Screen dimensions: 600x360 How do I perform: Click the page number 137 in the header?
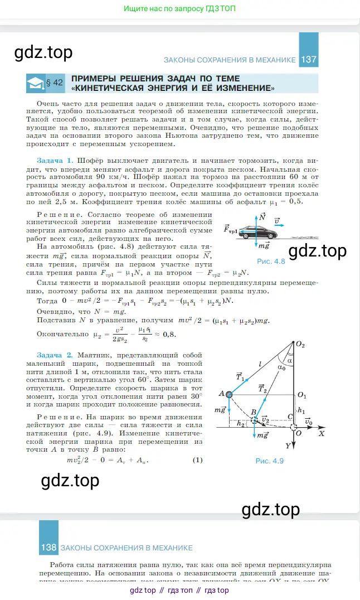pyautogui.click(x=308, y=59)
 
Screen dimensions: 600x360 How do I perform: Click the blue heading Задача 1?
pyautogui.click(x=54, y=159)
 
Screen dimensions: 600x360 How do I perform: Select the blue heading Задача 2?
pyautogui.click(x=54, y=355)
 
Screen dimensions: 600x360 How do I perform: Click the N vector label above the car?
pyautogui.click(x=262, y=216)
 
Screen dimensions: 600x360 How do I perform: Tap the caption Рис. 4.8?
pyautogui.click(x=271, y=260)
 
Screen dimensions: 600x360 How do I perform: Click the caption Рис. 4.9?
pyautogui.click(x=270, y=461)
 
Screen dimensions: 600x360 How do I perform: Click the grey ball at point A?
pyautogui.click(x=229, y=394)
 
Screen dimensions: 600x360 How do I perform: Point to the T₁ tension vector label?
pyautogui.click(x=240, y=376)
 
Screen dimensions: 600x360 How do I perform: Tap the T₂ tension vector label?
pyautogui.click(x=261, y=389)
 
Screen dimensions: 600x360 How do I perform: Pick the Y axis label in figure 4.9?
pyautogui.click(x=288, y=446)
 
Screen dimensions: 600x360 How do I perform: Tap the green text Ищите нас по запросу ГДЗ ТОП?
pyautogui.click(x=179, y=9)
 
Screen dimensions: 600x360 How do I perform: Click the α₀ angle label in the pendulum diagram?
pyautogui.click(x=281, y=367)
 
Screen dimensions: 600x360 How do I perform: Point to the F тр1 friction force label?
pyautogui.click(x=230, y=229)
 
